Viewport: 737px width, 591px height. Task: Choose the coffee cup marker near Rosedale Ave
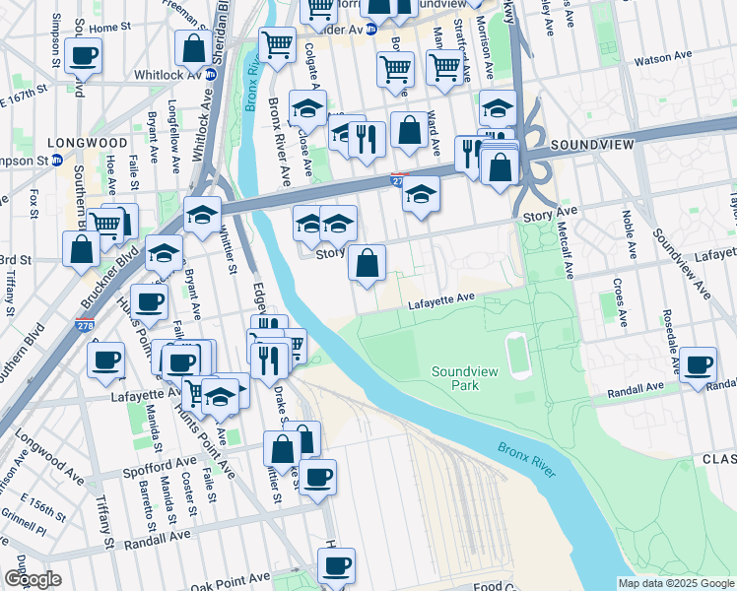(699, 365)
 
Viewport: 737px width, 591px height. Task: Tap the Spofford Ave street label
(160, 462)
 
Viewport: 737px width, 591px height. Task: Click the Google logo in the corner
(32, 579)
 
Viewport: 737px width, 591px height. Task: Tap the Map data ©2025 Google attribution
(675, 583)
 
